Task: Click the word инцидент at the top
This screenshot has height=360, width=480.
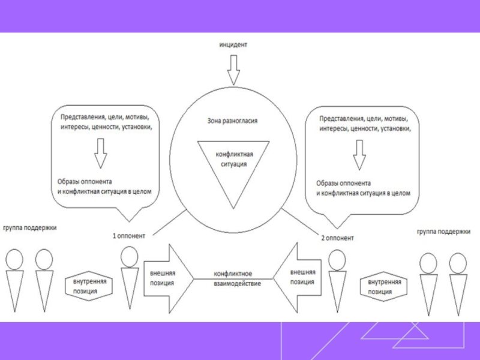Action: point(233,45)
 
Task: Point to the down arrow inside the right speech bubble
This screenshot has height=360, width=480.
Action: point(359,155)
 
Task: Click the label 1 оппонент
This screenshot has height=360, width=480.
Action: point(128,236)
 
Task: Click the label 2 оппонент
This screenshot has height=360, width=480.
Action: point(337,238)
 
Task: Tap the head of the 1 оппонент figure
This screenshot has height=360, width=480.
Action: point(130,257)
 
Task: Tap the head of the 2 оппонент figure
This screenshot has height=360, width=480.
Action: point(337,260)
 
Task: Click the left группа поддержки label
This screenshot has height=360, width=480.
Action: point(29,228)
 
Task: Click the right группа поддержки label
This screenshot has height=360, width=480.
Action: point(443,231)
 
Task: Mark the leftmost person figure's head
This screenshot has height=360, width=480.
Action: point(14,259)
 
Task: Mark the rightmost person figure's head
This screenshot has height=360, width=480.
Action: point(458,263)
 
